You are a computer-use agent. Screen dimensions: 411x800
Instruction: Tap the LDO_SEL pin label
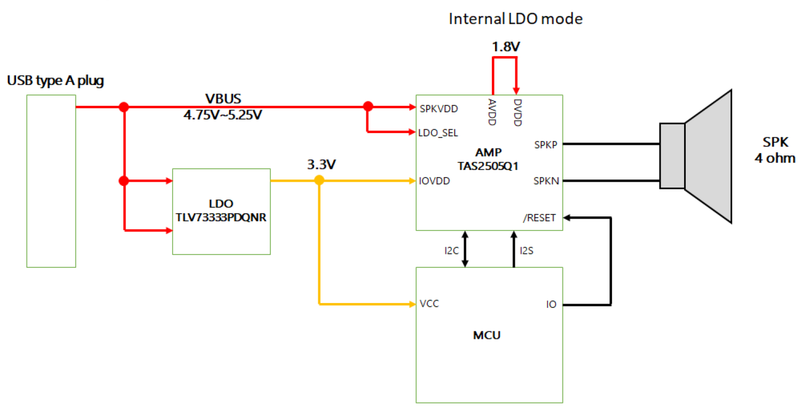tap(438, 133)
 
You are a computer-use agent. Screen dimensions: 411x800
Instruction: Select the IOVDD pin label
tap(434, 181)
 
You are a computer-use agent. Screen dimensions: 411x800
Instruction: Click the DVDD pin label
tap(516, 112)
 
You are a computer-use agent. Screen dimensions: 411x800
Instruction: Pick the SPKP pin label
tap(546, 144)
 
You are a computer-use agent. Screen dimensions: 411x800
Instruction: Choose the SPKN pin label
tap(546, 181)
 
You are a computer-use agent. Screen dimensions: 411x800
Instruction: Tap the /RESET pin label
tap(539, 218)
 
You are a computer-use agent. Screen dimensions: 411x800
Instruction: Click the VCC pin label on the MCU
tap(429, 304)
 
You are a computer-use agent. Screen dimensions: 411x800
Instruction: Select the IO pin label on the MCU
tap(551, 305)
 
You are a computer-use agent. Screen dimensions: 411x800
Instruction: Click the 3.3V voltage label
tap(321, 164)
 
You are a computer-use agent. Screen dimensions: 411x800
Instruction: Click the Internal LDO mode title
tap(515, 19)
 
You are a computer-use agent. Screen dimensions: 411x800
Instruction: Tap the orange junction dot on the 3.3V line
tap(319, 181)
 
